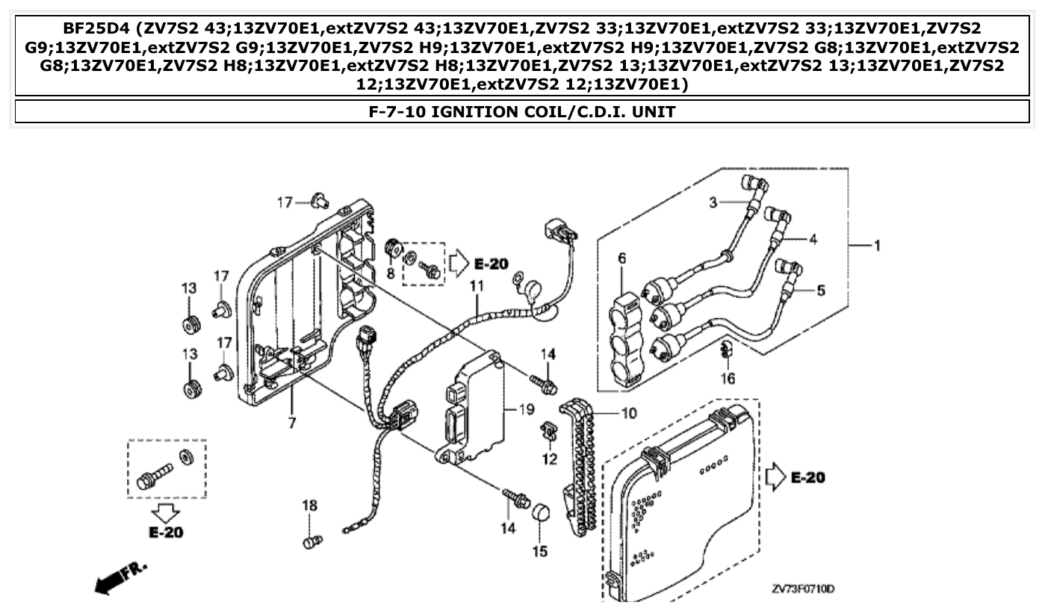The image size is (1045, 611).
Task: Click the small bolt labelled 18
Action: coord(312,540)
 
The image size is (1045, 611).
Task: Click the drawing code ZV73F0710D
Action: coord(803,589)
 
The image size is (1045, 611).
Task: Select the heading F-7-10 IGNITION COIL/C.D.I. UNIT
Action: coord(522,112)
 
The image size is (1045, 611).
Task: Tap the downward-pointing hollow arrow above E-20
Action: coord(166,513)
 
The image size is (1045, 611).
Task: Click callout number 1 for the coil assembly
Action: coord(878,246)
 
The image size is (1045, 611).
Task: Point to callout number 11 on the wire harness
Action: coord(477,285)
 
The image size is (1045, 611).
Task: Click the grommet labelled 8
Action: coord(391,247)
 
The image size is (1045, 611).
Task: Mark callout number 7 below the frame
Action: coord(291,423)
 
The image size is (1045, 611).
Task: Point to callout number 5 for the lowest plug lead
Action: coord(821,291)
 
